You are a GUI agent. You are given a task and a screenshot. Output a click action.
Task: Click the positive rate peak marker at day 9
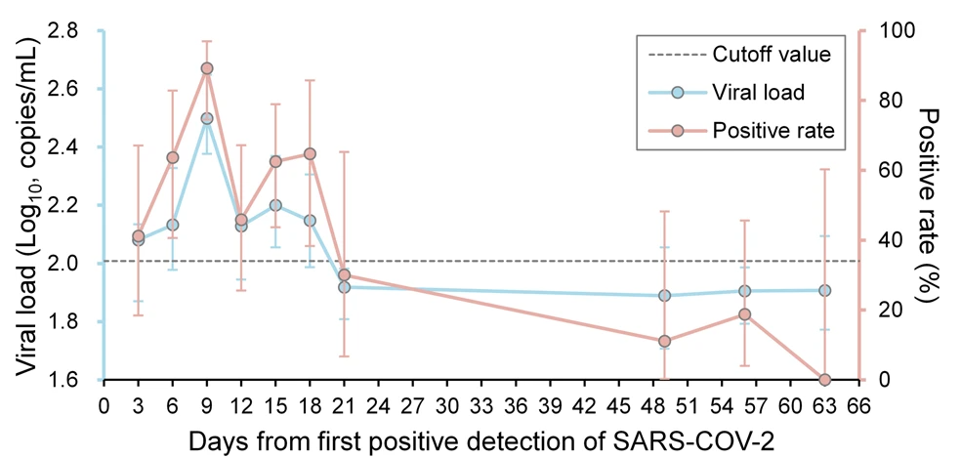(x=207, y=68)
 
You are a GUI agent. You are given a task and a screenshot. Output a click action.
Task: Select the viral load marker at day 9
(x=207, y=118)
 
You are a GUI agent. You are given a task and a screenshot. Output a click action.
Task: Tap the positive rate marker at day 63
(x=825, y=379)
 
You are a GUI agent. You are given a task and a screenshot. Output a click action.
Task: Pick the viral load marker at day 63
(x=825, y=290)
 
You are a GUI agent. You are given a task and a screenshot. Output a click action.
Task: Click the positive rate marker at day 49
(x=665, y=342)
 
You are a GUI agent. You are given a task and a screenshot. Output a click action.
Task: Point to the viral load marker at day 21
(x=344, y=287)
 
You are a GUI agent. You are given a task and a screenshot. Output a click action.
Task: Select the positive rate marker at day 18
(x=310, y=153)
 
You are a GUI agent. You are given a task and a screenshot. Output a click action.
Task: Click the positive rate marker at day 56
(x=745, y=314)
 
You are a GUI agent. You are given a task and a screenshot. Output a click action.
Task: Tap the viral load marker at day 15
(x=275, y=205)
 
